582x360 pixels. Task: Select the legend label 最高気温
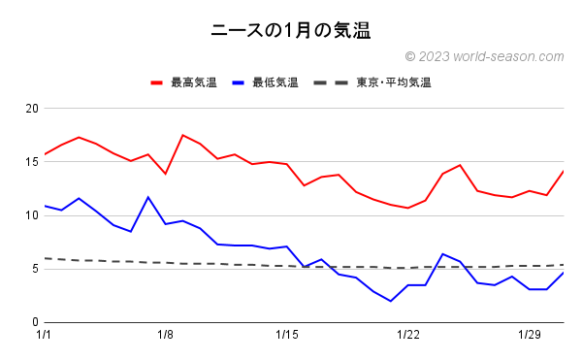tap(193, 82)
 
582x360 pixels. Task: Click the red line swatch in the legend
tap(158, 82)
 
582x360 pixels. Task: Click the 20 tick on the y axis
tap(31, 108)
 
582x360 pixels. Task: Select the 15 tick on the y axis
tap(31, 161)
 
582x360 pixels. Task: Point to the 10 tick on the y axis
tap(31, 214)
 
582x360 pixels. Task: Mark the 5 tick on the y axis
tap(34, 269)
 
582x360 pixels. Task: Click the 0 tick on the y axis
tap(34, 322)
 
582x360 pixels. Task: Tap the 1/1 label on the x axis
tap(45, 336)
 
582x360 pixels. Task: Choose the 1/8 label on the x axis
tap(166, 336)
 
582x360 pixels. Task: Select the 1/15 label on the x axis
tap(287, 336)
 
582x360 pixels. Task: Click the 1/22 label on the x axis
tap(408, 336)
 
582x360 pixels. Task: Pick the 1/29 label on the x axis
tap(530, 336)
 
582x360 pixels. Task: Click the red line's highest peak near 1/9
tap(183, 135)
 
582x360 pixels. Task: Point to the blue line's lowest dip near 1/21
tap(391, 301)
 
